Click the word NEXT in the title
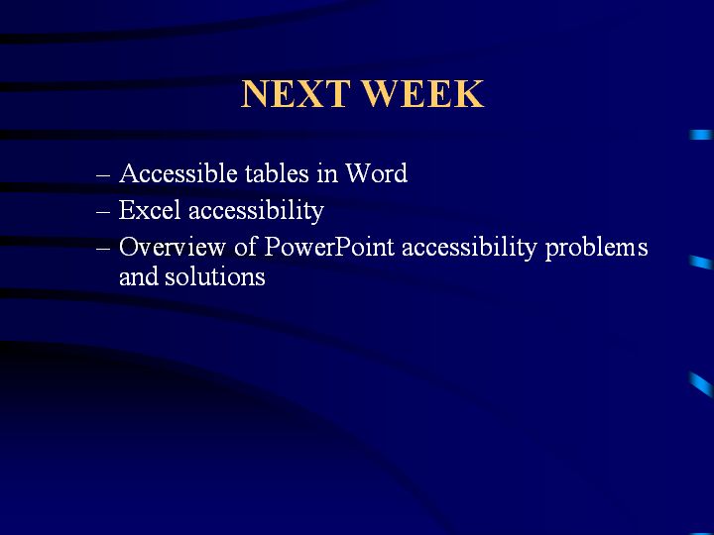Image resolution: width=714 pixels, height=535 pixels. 296,94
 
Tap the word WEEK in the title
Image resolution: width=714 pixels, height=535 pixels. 423,94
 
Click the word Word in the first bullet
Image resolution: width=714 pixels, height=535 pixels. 376,173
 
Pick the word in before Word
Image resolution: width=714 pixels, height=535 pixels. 327,173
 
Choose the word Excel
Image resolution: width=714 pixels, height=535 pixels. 150,210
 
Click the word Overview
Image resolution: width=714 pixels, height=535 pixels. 173,248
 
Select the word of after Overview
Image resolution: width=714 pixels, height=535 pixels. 246,247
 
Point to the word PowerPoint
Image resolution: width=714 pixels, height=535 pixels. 329,247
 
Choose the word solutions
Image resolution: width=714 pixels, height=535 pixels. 215,276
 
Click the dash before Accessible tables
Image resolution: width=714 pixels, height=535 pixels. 103,175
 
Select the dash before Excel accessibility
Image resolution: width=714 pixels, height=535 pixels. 103,212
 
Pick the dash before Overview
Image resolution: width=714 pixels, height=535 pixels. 103,249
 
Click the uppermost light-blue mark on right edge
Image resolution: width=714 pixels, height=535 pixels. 701,135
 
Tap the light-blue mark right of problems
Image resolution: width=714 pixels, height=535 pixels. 701,263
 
